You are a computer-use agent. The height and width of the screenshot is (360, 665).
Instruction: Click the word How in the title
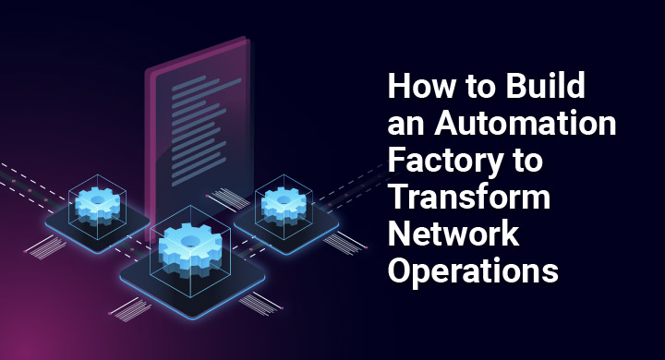(x=417, y=89)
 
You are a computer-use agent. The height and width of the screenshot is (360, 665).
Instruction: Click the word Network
(x=452, y=233)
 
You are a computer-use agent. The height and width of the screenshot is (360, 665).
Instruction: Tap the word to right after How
(x=474, y=89)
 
